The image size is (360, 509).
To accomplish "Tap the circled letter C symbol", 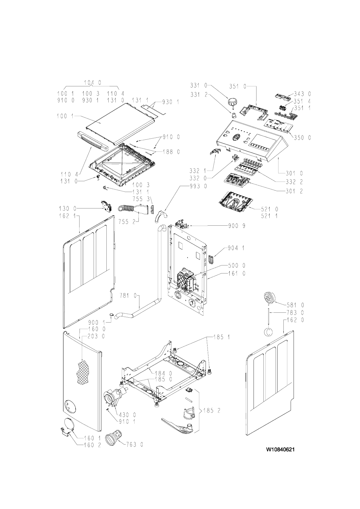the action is pyautogui.click(x=268, y=331).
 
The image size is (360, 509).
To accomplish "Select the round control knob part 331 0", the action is pyautogui.click(x=232, y=101).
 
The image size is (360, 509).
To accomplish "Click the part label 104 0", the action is pyautogui.click(x=93, y=83).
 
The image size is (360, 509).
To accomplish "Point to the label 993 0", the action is pyautogui.click(x=198, y=186).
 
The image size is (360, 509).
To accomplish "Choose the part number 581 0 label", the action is pyautogui.click(x=295, y=305).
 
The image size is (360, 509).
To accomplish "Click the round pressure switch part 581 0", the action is pyautogui.click(x=269, y=298).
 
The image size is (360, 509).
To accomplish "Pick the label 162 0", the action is pyautogui.click(x=295, y=320).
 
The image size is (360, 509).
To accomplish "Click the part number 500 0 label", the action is pyautogui.click(x=237, y=265).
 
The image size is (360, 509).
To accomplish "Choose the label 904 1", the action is pyautogui.click(x=236, y=248).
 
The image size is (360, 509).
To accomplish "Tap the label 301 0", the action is pyautogui.click(x=295, y=173).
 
